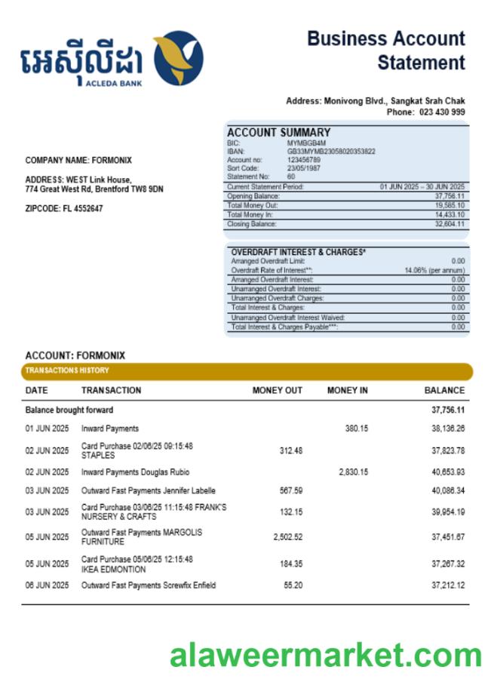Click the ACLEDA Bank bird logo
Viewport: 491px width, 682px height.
178,57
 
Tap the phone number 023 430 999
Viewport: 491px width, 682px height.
442,112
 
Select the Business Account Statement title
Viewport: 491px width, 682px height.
386,51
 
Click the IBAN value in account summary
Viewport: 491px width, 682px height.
331,151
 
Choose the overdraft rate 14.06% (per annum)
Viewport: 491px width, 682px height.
434,270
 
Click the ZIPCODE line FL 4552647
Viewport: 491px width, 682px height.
64,208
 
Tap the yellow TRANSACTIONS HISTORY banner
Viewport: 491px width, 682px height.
247,370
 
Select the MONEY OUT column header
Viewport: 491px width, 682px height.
277,391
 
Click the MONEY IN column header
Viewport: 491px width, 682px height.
347,391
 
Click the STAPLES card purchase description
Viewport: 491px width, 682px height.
137,450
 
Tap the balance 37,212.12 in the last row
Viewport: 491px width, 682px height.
448,585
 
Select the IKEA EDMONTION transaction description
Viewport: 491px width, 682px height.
137,564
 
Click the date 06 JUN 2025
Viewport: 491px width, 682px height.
47,585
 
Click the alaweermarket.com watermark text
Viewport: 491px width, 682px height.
325,655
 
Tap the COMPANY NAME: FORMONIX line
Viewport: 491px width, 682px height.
78,160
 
